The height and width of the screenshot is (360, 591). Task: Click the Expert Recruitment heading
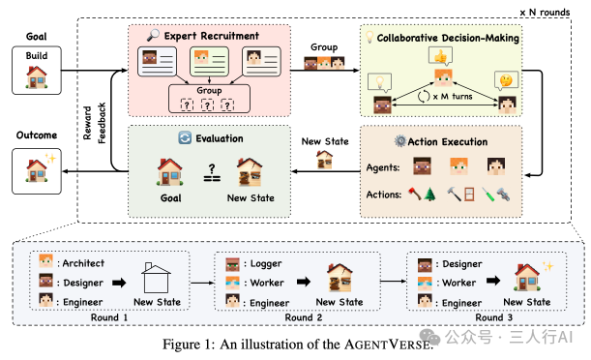[212, 36]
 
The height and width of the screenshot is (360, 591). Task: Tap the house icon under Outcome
[37, 172]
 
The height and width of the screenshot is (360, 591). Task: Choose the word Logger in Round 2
[264, 262]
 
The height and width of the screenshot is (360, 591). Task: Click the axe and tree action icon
[425, 194]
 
